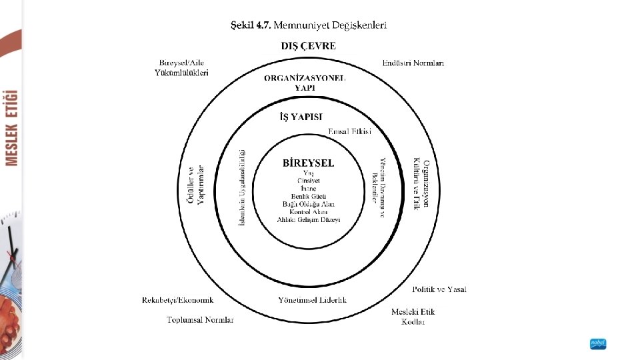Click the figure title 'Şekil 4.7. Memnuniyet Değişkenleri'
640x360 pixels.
[308, 25]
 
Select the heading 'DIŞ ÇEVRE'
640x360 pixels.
[308, 46]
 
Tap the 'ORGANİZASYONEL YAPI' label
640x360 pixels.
[305, 82]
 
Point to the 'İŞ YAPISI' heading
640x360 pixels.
[300, 117]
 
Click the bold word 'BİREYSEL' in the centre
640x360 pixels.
[309, 162]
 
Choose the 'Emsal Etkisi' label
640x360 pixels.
[350, 131]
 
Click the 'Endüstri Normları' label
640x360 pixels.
[413, 63]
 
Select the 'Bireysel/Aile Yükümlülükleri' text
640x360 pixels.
[182, 67]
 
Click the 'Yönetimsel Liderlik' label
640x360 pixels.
[312, 300]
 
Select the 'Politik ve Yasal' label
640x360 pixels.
[439, 289]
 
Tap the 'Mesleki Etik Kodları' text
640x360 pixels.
[413, 317]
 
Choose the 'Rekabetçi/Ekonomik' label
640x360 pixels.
[177, 300]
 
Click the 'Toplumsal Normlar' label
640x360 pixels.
[200, 320]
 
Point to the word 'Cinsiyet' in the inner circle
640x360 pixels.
[309, 180]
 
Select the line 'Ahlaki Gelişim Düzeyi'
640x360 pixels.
[309, 219]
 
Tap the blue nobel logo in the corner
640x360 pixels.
[598, 344]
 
